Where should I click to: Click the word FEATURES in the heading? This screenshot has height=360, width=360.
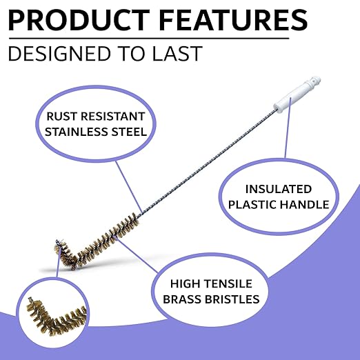tap(233, 20)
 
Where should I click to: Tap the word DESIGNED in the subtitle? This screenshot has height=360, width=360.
tap(59, 54)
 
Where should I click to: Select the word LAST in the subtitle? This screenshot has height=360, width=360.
tap(177, 54)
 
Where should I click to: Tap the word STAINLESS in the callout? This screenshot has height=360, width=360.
tap(76, 132)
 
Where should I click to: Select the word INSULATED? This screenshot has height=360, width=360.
tap(279, 189)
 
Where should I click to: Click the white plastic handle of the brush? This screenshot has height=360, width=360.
tap(297, 94)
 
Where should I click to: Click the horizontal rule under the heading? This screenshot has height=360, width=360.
tap(149, 39)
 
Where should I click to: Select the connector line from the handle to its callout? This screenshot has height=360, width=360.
tap(288, 128)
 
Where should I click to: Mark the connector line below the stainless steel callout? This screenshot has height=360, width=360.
tap(128, 187)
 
